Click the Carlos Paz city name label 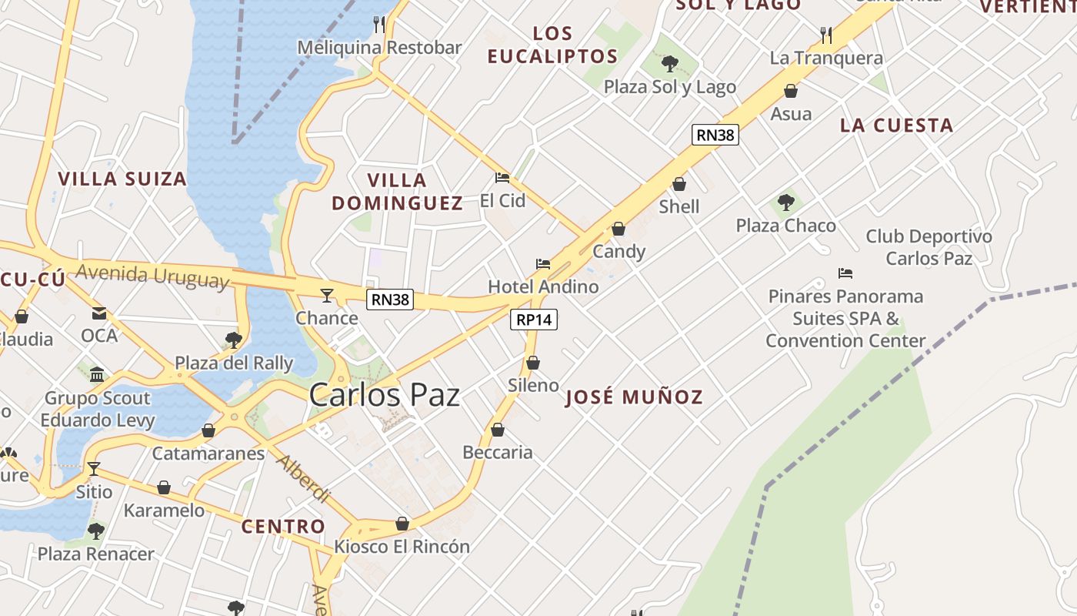tap(384, 395)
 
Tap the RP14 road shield tap(534, 320)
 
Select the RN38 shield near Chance tap(390, 300)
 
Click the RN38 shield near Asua tap(715, 135)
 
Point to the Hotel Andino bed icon tap(543, 264)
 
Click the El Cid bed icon tap(502, 178)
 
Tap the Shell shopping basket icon tap(679, 184)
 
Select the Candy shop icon tap(619, 229)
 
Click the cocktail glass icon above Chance tap(327, 295)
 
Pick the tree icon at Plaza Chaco tap(785, 203)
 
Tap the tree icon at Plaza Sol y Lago tap(670, 63)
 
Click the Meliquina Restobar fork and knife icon tap(379, 24)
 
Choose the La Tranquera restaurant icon tap(826, 35)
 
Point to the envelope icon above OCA tap(99, 313)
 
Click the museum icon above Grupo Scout tap(97, 375)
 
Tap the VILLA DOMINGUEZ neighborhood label tap(397, 192)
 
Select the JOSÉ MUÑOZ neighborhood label tap(634, 397)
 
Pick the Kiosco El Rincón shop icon tap(402, 524)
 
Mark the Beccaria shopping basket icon tap(498, 430)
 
